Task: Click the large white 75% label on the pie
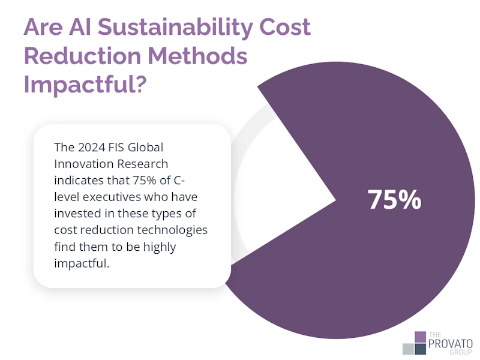pos(394,200)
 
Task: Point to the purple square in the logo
pos(420,337)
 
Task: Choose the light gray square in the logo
pos(409,349)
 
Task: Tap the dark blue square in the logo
pos(420,349)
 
